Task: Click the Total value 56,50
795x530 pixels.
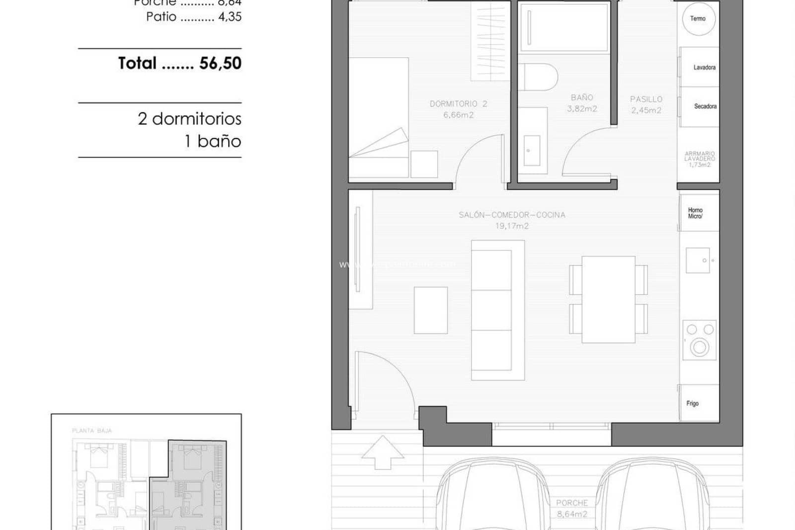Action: [x=220, y=63]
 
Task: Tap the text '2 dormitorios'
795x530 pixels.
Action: [x=189, y=119]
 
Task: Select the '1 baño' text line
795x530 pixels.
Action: [x=213, y=141]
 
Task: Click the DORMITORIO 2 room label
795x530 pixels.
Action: [x=458, y=104]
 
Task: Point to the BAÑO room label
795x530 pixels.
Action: [x=582, y=98]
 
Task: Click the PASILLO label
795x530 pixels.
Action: [x=646, y=99]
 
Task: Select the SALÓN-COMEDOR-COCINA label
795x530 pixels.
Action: [x=512, y=215]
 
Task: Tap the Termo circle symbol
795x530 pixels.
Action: [x=698, y=19]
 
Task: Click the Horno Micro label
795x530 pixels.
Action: [x=696, y=213]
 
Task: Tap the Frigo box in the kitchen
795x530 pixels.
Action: [x=699, y=403]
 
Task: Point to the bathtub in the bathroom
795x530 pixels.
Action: [x=564, y=27]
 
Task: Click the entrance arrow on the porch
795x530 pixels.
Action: [x=383, y=452]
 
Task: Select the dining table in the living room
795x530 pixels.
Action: [x=608, y=299]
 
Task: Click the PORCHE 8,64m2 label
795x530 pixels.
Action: [x=572, y=508]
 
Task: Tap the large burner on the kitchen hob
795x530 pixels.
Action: [x=700, y=347]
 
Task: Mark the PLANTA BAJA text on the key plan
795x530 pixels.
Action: [x=92, y=431]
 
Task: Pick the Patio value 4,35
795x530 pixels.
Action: [x=230, y=17]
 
